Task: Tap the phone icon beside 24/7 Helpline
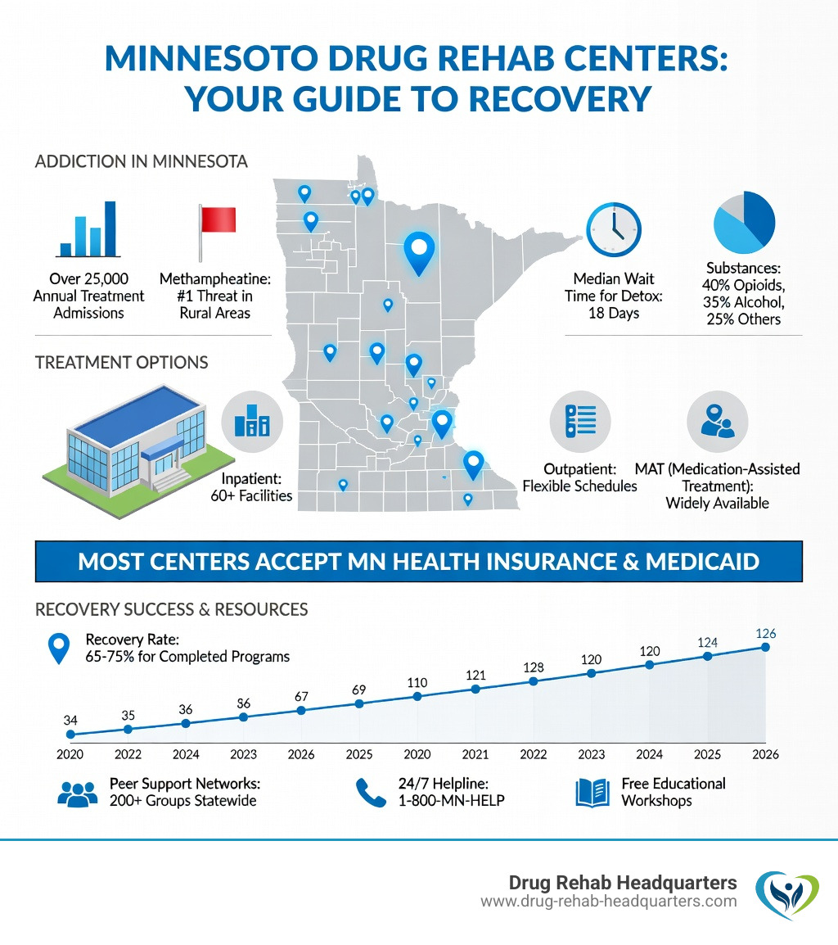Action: tap(370, 792)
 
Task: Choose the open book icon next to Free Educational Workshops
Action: tap(593, 792)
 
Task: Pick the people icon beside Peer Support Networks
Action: tap(79, 792)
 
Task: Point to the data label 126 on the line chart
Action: tap(766, 633)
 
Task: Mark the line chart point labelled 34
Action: tap(70, 735)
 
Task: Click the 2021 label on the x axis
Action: tap(475, 754)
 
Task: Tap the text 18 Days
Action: tap(614, 313)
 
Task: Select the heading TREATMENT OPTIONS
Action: tap(122, 362)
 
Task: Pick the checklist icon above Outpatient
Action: tap(579, 422)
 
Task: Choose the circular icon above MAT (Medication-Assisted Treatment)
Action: tap(717, 422)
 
